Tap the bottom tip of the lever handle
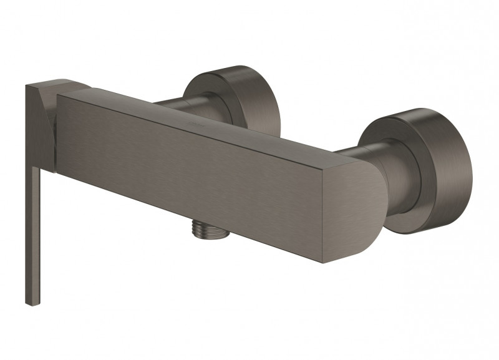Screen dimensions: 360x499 (29, 302)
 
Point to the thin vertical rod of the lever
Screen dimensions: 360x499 (29, 237)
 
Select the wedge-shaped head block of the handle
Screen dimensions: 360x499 (40, 125)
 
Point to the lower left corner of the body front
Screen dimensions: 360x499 (60, 170)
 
